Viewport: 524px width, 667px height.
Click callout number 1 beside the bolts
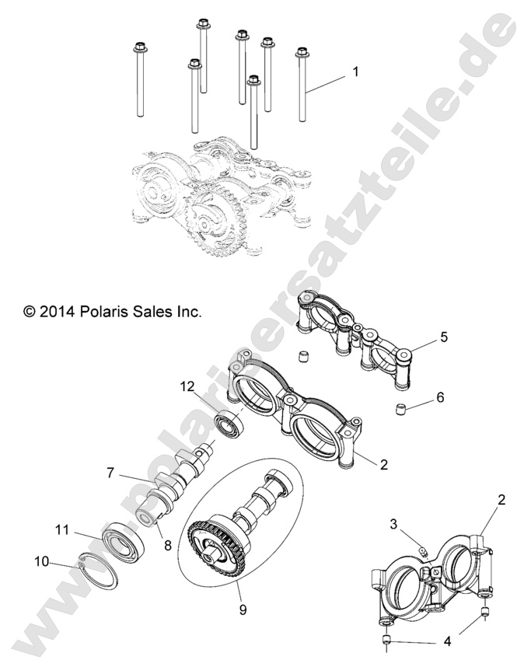[355, 72]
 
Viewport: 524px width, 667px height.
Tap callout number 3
[395, 526]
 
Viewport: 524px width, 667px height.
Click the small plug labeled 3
[421, 551]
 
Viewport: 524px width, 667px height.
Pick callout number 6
[440, 397]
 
